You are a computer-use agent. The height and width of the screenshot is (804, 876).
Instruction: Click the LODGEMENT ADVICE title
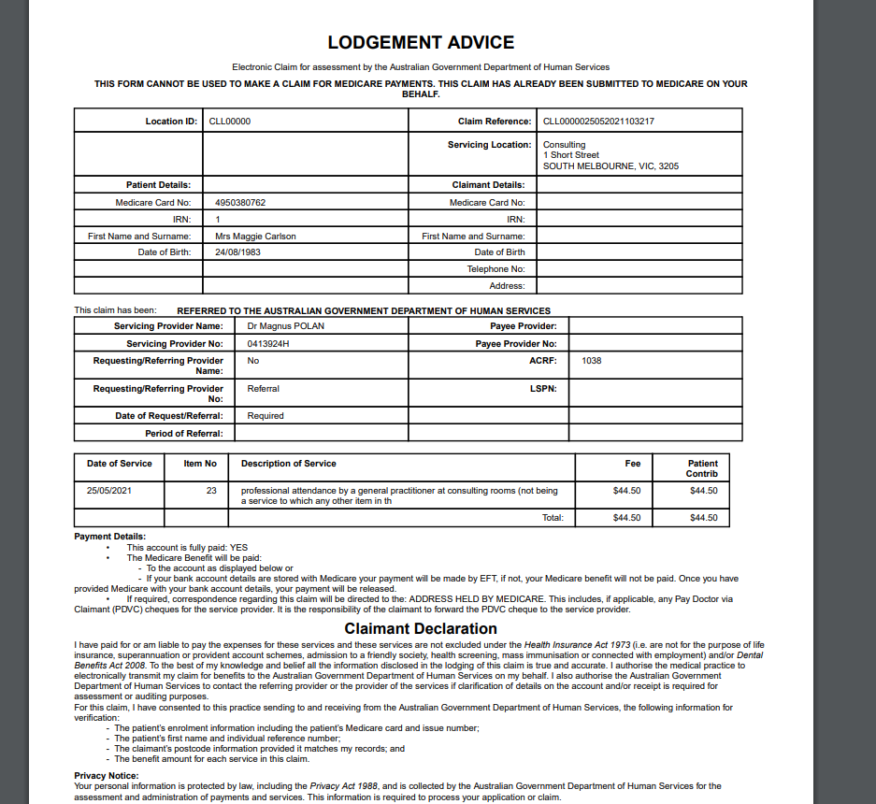421,43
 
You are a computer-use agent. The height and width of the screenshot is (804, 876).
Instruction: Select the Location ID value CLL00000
229,122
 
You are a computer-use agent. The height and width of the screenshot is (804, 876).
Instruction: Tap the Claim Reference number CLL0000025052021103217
598,122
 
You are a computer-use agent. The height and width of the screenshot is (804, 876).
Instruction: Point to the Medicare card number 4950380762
240,203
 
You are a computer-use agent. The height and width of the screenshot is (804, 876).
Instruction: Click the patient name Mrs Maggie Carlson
255,237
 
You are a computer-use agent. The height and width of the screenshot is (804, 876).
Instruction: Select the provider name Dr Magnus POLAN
286,326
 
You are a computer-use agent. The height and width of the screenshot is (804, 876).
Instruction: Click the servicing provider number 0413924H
268,344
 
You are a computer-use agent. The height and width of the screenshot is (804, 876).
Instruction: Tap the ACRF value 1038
591,360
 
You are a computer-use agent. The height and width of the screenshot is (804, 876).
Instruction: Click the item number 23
211,490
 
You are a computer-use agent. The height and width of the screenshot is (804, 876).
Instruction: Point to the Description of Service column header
288,464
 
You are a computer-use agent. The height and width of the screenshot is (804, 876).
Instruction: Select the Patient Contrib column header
702,468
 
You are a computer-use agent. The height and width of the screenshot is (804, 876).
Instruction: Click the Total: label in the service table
553,518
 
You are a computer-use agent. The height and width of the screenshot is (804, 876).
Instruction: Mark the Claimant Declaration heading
421,629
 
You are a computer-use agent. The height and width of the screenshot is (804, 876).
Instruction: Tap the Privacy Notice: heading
107,776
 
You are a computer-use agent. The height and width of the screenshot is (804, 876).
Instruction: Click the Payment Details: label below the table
109,537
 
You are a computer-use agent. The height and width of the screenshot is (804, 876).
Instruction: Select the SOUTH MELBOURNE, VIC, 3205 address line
610,166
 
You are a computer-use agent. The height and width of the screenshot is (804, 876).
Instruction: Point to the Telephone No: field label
495,269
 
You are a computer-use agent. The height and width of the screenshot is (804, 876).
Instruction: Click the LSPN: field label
543,388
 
